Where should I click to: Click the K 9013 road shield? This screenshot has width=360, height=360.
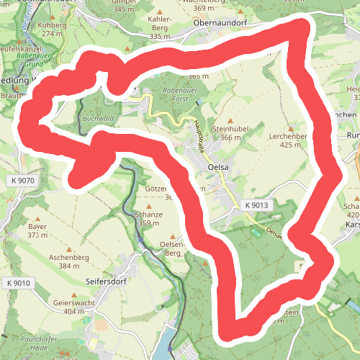point(256,205)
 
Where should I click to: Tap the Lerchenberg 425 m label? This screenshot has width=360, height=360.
point(287,140)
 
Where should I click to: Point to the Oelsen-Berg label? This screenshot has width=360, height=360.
point(172,248)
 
